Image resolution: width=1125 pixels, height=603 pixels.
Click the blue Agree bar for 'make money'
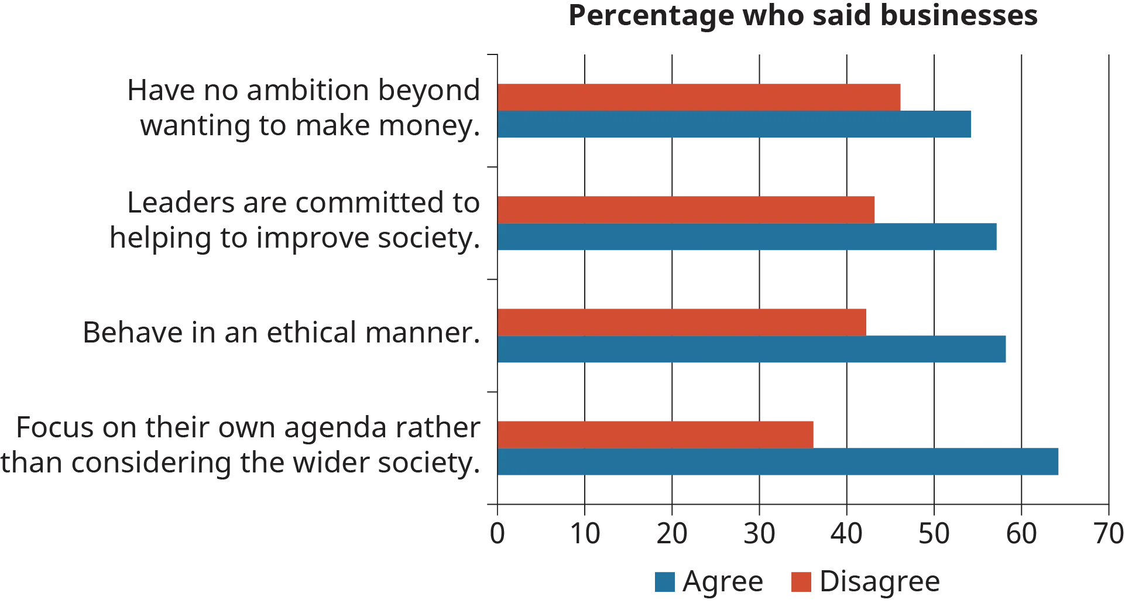coord(735,124)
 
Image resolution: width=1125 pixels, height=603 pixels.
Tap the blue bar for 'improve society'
coord(746,237)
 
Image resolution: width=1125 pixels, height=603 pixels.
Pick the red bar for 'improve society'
coord(686,209)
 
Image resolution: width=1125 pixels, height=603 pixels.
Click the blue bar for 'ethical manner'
coord(751,350)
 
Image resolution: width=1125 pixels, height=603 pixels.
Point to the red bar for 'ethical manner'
coord(681,321)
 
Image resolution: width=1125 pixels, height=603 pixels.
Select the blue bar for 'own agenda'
coord(779,462)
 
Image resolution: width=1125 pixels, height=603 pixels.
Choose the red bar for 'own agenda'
coord(656,434)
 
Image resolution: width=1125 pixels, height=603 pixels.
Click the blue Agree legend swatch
coord(664,583)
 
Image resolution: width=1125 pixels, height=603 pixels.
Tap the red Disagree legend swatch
coord(802,583)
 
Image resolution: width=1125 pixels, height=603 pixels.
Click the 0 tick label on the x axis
coord(497,534)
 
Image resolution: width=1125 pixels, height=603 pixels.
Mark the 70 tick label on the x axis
coord(1108,534)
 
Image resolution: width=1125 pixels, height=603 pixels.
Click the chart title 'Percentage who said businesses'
coord(802,16)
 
